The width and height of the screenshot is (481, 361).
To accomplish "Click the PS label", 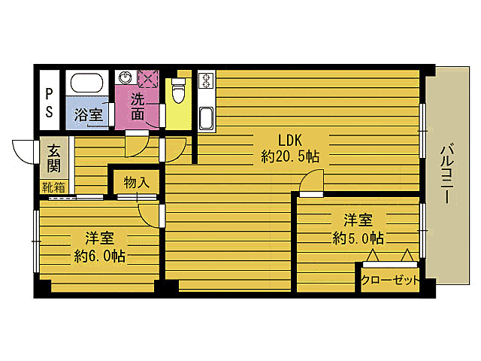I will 48,102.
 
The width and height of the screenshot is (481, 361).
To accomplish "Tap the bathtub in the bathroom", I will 88,83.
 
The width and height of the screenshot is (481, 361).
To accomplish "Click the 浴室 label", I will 89,115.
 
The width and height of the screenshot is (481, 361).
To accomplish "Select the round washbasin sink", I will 126,77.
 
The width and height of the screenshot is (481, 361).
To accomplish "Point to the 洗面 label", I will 138,106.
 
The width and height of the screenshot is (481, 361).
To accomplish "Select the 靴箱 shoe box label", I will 53,186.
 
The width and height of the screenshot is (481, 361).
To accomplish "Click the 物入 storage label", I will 136,181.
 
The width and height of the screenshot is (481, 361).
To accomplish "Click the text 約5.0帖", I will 358,238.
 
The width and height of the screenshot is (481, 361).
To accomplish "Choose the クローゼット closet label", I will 390,280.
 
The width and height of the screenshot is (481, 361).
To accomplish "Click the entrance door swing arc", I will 25,150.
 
